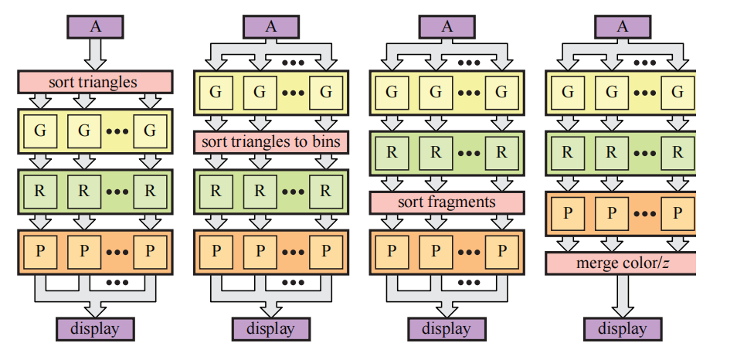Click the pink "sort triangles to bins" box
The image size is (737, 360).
click(271, 142)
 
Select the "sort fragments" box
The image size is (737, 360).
click(447, 202)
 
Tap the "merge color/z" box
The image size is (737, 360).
click(621, 263)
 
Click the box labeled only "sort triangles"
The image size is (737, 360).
click(94, 82)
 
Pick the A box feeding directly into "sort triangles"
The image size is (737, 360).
click(95, 26)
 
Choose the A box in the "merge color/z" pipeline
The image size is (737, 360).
click(623, 26)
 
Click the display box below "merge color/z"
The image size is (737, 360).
click(623, 328)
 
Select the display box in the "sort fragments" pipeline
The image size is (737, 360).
click(447, 328)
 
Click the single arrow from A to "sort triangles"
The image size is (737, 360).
click(95, 53)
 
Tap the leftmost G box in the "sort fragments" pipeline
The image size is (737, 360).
click(392, 93)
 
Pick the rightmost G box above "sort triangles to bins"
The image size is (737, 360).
click(325, 93)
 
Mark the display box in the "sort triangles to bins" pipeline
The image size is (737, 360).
click(271, 328)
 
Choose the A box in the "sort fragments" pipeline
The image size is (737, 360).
click(447, 26)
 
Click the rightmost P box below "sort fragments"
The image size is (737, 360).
click(501, 251)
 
